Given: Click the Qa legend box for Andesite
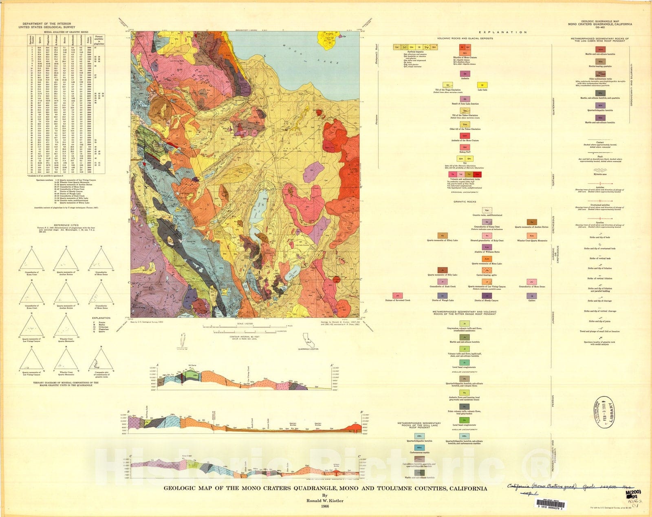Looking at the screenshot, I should point(465,74).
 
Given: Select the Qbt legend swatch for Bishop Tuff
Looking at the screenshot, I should point(465,147).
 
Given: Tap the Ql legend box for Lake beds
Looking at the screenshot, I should point(482,85).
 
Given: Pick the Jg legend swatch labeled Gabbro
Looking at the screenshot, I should point(531,296).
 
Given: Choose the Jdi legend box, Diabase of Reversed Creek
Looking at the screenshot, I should point(397,296).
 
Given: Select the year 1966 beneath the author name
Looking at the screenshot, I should point(325,506).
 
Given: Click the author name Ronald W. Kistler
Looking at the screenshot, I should point(325,500).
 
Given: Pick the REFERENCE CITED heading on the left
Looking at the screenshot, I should point(59,225).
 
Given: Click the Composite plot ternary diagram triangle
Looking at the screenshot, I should point(101,359).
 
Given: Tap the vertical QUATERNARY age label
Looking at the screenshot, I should point(553,106).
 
